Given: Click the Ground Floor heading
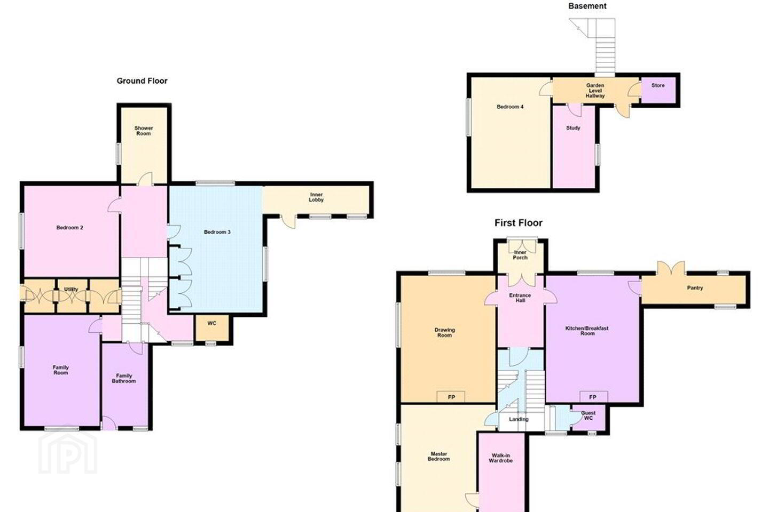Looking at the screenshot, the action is click(x=142, y=81).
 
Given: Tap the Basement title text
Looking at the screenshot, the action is click(x=587, y=6).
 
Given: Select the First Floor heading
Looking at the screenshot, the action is click(x=519, y=223).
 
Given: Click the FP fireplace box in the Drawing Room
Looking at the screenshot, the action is click(x=451, y=397).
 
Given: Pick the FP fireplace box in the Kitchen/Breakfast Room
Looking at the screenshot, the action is click(x=594, y=397).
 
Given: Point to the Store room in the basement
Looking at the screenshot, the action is click(x=658, y=90).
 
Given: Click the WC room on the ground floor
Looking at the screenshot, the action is click(x=212, y=327).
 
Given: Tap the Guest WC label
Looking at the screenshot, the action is click(x=588, y=415).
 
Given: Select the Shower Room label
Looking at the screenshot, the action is click(x=144, y=131).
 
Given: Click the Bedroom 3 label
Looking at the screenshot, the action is click(x=217, y=232).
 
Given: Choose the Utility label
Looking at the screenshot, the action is click(x=71, y=290).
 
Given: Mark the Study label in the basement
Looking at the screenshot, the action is click(x=573, y=128).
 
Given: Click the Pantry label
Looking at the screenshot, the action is click(x=695, y=288).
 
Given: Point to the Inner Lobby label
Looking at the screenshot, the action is click(x=316, y=197).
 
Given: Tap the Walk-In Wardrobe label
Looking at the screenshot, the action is click(x=500, y=458).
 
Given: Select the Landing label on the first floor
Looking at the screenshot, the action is click(x=519, y=419).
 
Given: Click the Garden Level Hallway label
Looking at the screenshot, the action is click(x=595, y=91).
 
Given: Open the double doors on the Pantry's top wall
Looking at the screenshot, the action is click(x=671, y=268).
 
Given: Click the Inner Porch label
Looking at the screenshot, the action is click(x=520, y=255).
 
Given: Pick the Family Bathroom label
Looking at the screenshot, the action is click(x=123, y=378).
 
